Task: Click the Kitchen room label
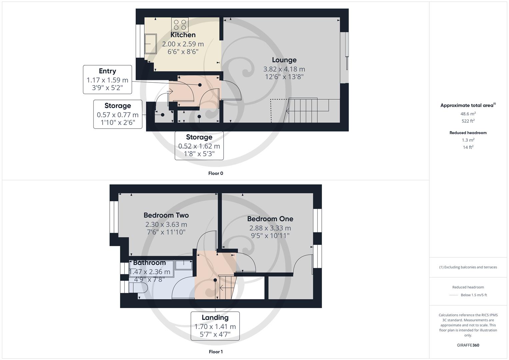tap(183, 35)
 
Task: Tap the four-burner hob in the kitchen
tap(180, 25)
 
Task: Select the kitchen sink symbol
tap(151, 44)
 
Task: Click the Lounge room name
tap(284, 60)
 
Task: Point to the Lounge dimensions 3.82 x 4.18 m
tap(284, 69)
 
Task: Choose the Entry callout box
tap(107, 80)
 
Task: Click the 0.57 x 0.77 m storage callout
tap(118, 114)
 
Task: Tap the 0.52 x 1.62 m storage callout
tap(199, 146)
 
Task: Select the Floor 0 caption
tap(216, 173)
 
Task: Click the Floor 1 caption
tap(216, 352)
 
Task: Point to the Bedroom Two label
tap(166, 215)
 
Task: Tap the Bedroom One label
tap(270, 219)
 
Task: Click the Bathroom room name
tap(149, 263)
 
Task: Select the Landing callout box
tap(215, 326)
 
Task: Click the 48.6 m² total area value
tap(468, 114)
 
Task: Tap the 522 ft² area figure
tap(468, 121)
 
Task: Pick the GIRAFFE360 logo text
tap(468, 345)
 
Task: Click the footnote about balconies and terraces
tap(468, 267)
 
